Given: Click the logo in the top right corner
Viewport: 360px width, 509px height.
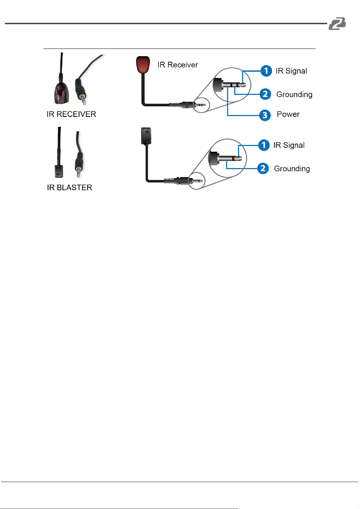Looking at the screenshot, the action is coord(337,24).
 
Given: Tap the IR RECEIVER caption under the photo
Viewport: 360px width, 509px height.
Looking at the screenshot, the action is coord(71,114).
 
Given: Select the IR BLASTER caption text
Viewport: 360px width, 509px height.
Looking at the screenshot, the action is coord(70,188).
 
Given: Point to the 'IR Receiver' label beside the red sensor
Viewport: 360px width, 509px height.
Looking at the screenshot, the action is coord(178,65).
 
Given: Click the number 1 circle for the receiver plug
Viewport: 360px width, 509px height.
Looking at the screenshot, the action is coord(266,71).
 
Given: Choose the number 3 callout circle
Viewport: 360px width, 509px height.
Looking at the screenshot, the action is coord(265,115).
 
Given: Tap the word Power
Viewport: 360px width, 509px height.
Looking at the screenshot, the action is coord(288,114).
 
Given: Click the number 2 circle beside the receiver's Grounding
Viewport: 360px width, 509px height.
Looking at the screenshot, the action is coord(265,94).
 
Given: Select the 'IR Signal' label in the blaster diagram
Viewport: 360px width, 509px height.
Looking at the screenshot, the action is coord(289,145).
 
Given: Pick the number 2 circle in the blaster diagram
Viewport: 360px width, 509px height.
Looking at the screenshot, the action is coord(263,168).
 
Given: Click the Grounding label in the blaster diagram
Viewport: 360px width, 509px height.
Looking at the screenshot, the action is coord(292,169).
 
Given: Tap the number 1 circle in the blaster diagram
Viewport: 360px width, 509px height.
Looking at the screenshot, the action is coord(264,145).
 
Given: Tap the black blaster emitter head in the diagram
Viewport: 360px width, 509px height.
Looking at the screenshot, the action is coord(146,136).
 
